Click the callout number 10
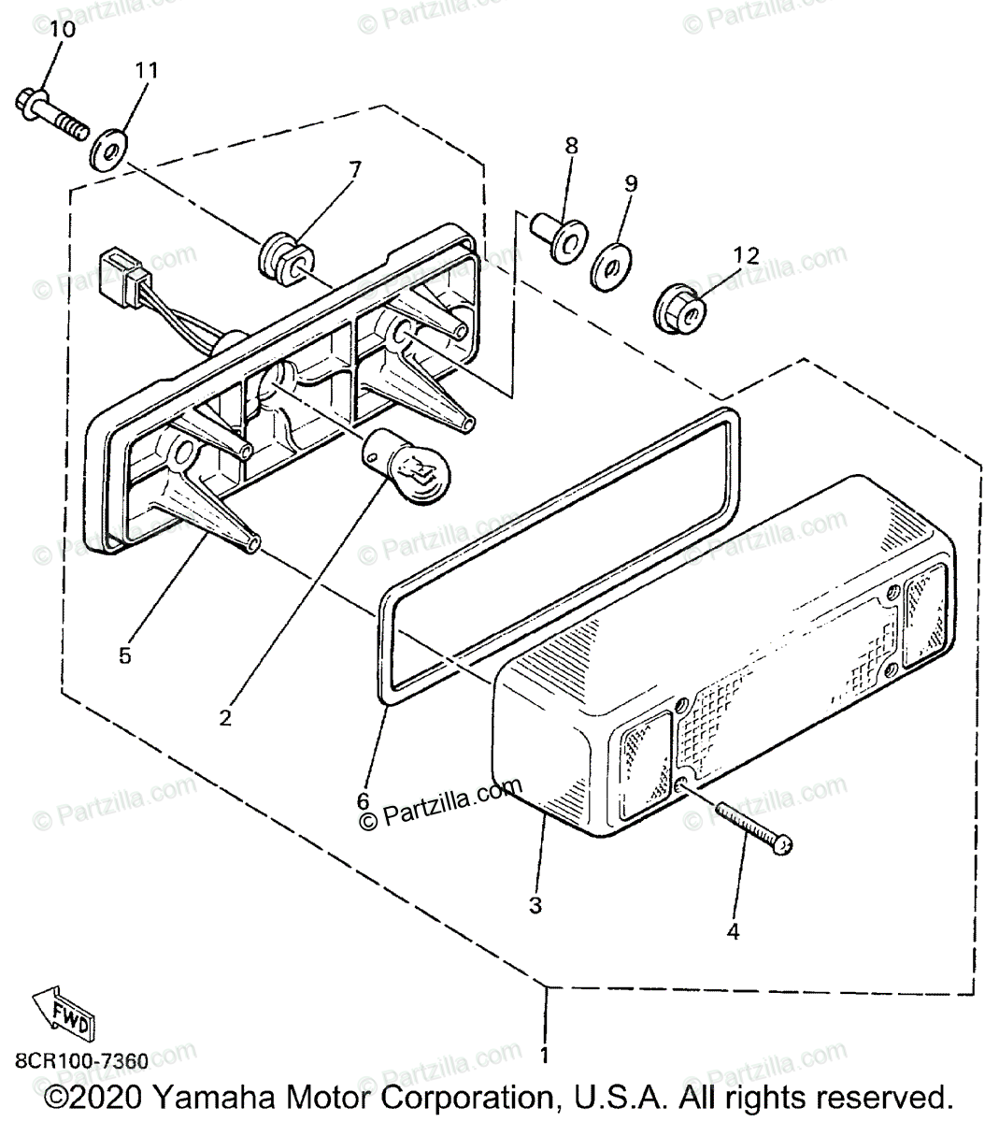63,29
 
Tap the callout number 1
544,1056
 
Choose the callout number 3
535,905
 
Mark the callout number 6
364,801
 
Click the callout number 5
124,655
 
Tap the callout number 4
733,931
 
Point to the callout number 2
224,718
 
